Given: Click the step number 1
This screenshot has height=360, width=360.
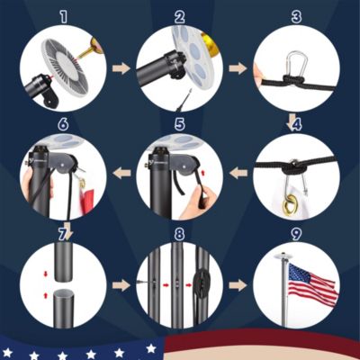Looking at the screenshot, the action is pos(63,18).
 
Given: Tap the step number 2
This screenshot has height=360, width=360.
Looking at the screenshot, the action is pos(179,18).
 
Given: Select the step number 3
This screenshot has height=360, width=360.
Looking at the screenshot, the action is pos(296,18).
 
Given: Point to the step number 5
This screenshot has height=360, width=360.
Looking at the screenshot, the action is pos(179,125).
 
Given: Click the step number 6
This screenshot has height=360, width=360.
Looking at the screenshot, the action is pos(63,125).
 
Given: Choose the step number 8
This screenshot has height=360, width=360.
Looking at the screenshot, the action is pos(179,234).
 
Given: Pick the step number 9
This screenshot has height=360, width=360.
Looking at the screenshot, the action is pos(296,234).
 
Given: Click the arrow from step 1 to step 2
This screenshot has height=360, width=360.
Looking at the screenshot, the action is pos(121,68).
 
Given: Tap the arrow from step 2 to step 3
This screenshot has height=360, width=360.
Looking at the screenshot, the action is pos(238,68).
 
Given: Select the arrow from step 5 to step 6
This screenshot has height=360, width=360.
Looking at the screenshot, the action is pos(121,173).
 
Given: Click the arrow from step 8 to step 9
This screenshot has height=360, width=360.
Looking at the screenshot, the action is pos(238,284).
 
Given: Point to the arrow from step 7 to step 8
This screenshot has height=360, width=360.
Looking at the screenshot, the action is pos(121,284).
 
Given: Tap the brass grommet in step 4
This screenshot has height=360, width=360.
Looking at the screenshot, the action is pos(290,204).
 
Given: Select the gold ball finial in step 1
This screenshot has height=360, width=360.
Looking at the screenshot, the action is pos(93,49).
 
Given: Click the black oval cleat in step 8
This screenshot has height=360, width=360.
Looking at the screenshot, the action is pos(200,282).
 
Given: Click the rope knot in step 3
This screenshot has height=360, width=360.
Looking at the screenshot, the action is pos(292,80).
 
